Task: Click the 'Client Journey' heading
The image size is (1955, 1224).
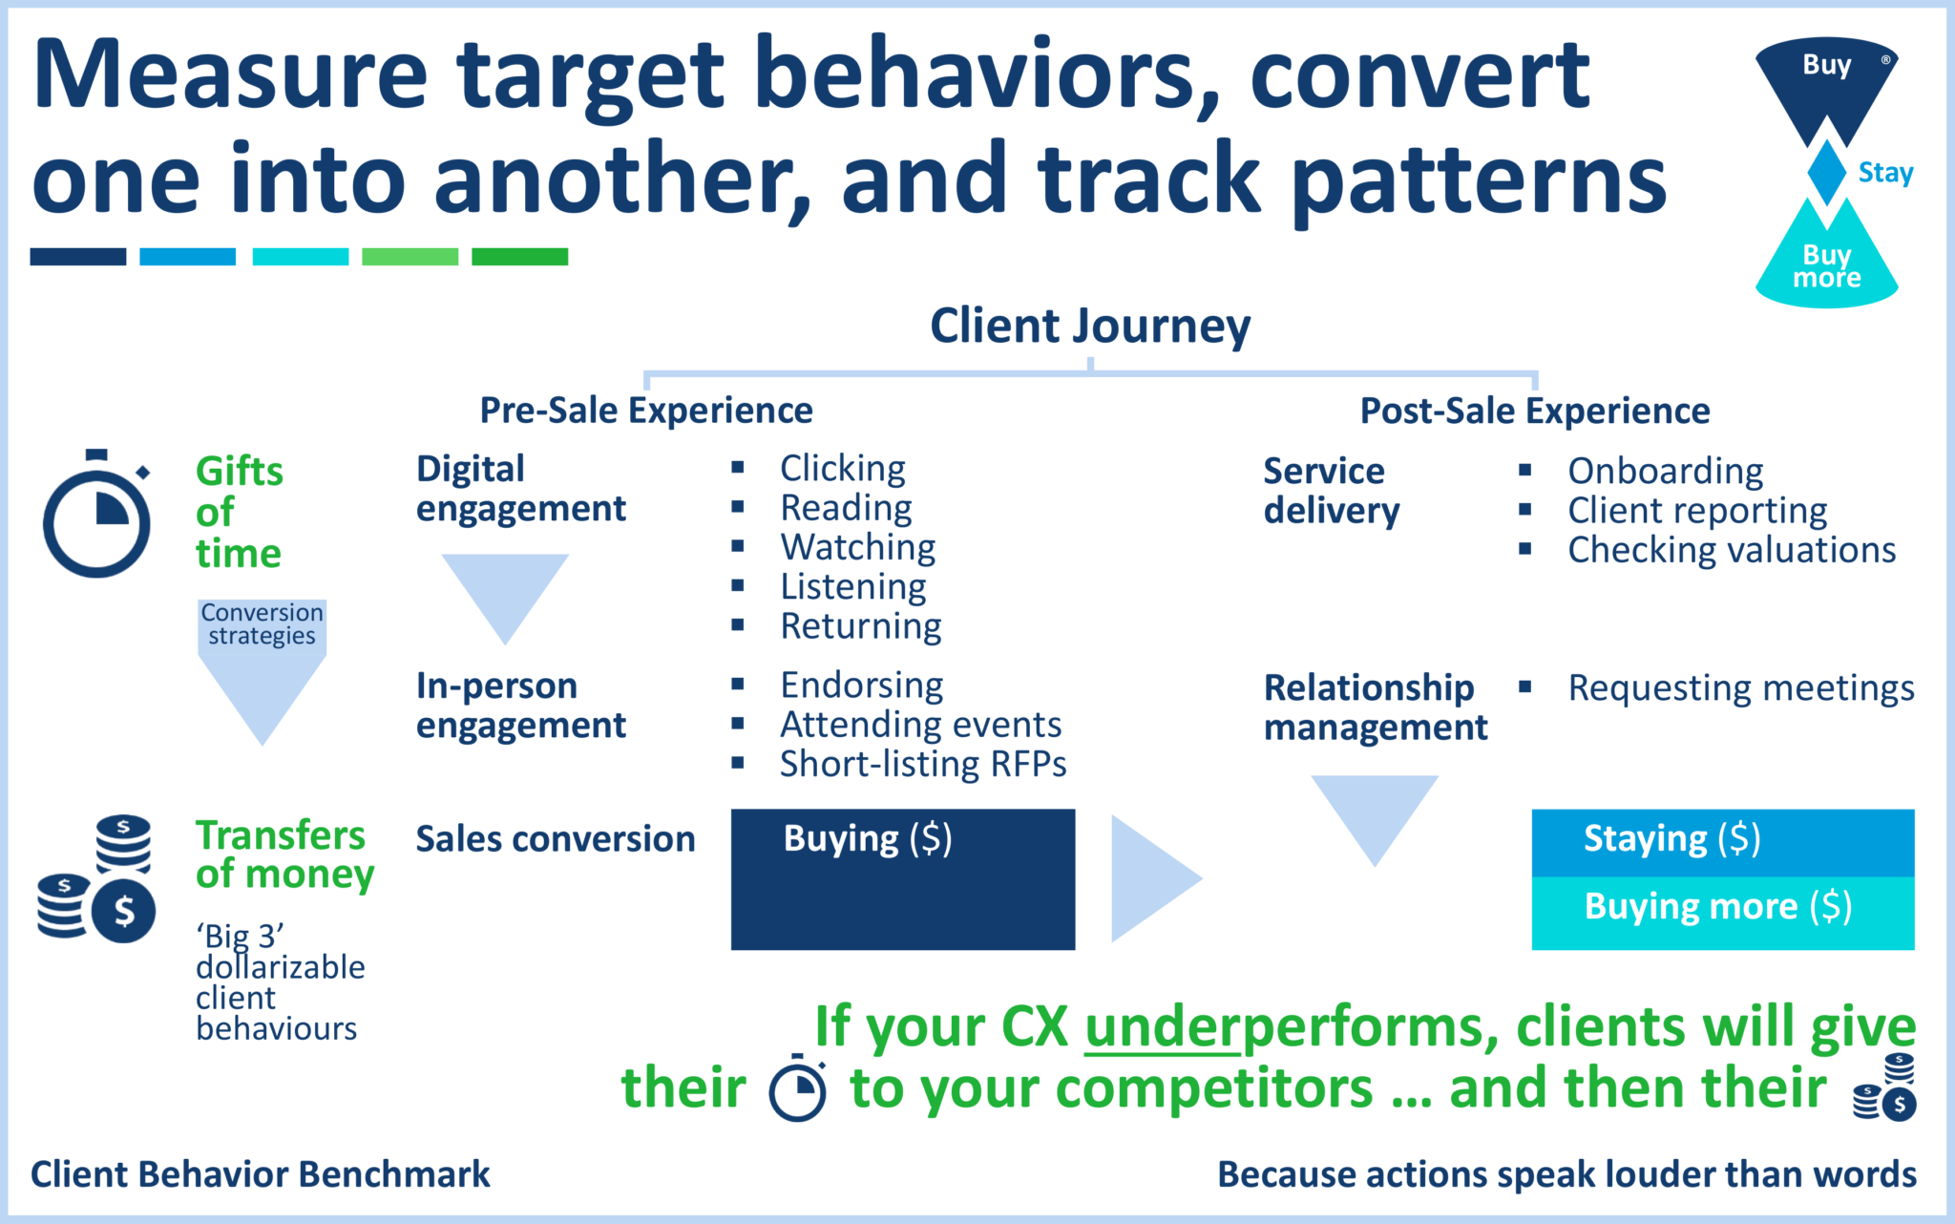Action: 1089,327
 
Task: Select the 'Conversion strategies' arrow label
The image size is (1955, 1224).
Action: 262,624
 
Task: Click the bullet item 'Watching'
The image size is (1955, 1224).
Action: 857,547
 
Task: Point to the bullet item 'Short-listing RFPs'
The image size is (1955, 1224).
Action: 922,764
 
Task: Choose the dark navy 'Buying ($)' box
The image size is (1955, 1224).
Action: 902,879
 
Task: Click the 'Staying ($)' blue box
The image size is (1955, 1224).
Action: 1722,841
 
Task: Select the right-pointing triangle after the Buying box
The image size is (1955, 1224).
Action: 1151,878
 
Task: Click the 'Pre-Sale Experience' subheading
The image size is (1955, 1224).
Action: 646,411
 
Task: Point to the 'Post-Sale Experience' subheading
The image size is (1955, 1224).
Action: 1534,412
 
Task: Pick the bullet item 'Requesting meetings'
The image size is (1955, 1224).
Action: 1740,688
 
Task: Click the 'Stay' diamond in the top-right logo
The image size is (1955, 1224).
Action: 1827,172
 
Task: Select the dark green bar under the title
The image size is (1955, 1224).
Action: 519,257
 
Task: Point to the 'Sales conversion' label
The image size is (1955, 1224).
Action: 556,839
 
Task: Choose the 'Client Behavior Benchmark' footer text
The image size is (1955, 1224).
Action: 260,1174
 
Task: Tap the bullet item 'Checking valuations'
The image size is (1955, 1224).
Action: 1731,551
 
